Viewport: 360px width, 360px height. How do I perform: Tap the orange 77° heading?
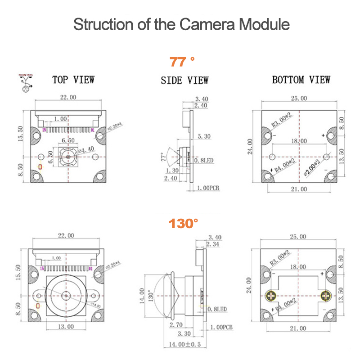[182, 61]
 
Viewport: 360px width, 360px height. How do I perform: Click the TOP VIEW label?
[73, 80]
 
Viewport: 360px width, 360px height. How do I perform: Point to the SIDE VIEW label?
[184, 81]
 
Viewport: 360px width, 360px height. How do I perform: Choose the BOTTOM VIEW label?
[301, 80]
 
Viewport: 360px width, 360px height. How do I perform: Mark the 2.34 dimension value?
[213, 244]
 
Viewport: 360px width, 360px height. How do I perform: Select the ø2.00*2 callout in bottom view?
[311, 166]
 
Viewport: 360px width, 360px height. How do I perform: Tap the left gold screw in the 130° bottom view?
[271, 296]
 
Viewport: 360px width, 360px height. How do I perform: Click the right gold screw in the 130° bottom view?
[326, 296]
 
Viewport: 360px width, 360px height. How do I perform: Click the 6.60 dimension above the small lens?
[67, 140]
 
